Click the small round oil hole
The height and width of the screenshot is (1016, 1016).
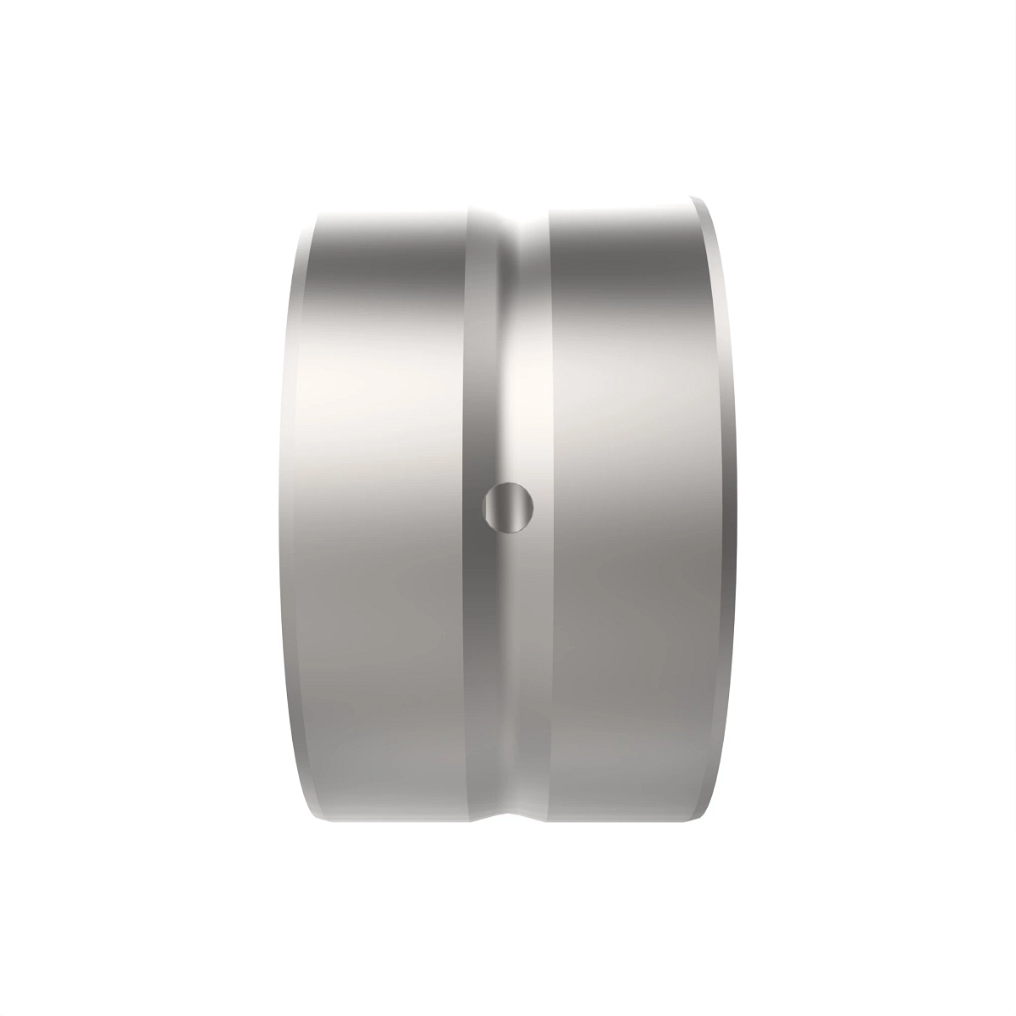pos(508,508)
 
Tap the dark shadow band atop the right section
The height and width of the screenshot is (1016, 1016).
pos(627,271)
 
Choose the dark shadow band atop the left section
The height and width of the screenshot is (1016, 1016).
pos(389,271)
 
